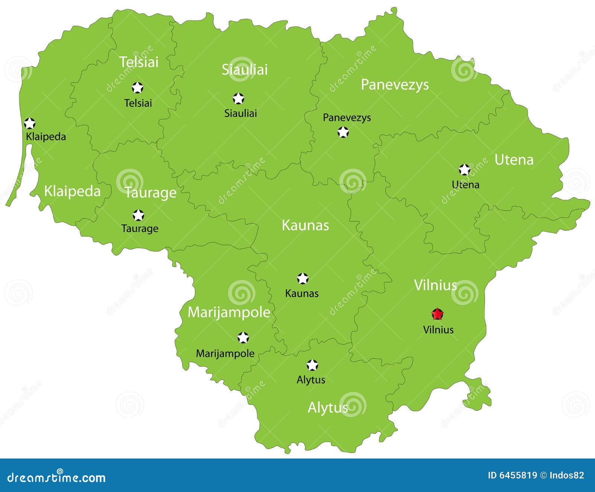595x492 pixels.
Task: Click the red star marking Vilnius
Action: (x=437, y=314)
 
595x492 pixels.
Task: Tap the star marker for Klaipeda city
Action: (x=29, y=123)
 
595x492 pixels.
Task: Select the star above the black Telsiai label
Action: (x=138, y=88)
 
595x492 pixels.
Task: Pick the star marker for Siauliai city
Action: (x=238, y=99)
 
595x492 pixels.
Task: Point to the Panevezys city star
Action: (x=343, y=132)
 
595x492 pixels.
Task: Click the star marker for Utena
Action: (x=464, y=170)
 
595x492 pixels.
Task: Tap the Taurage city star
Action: (x=138, y=215)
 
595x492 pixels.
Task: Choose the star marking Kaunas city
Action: (x=303, y=278)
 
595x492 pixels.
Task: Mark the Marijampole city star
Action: (x=243, y=338)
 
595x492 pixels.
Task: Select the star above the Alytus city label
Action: (x=312, y=365)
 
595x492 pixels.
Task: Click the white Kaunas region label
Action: (x=305, y=225)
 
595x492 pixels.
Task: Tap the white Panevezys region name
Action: (x=395, y=85)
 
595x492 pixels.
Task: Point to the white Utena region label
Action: (x=514, y=160)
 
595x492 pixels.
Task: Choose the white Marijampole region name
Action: (x=229, y=312)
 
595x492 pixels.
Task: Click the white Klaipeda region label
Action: (x=72, y=191)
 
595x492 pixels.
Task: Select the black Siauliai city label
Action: (x=240, y=113)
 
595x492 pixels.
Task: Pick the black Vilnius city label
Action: (x=438, y=329)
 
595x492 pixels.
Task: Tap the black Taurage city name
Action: (x=140, y=228)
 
